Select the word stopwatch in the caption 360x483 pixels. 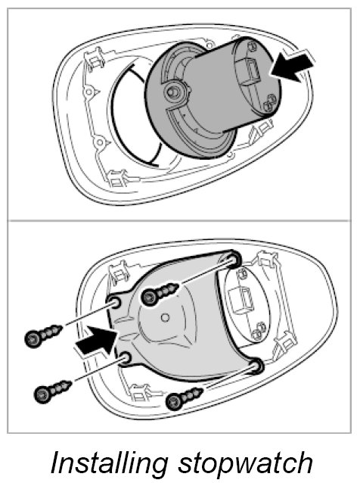[245, 463]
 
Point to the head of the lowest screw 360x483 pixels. [173, 402]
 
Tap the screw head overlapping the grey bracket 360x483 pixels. [149, 297]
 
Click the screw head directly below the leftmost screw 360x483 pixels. [42, 394]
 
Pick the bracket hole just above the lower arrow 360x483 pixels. [115, 304]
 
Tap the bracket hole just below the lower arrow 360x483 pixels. [126, 358]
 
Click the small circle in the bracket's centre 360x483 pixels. [165, 316]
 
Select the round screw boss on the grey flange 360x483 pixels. [174, 92]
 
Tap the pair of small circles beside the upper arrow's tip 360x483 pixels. [268, 103]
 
